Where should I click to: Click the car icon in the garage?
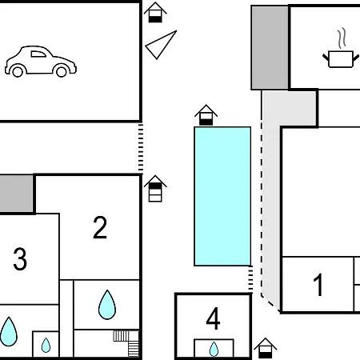tap(41, 62)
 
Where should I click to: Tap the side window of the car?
tap(38, 54)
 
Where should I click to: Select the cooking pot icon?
tap(341, 59)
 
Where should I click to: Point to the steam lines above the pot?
tap(342, 38)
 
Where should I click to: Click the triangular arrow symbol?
tap(160, 46)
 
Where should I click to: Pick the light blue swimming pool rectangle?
tap(222, 196)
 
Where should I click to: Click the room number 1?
tap(318, 285)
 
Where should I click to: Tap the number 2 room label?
tap(100, 227)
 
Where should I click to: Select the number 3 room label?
tap(20, 258)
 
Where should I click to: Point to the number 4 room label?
tap(213, 318)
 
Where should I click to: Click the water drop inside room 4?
tap(214, 349)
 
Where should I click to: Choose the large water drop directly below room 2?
tap(107, 305)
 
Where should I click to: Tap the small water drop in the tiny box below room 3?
tap(46, 345)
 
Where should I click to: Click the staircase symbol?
tap(126, 343)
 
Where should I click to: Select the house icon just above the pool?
tap(206, 115)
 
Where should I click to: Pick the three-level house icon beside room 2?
tap(155, 189)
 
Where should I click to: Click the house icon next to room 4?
tap(265, 348)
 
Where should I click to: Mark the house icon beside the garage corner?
tap(155, 12)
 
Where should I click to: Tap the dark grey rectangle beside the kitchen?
tap(270, 47)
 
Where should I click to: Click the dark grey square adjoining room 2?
tap(16, 194)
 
